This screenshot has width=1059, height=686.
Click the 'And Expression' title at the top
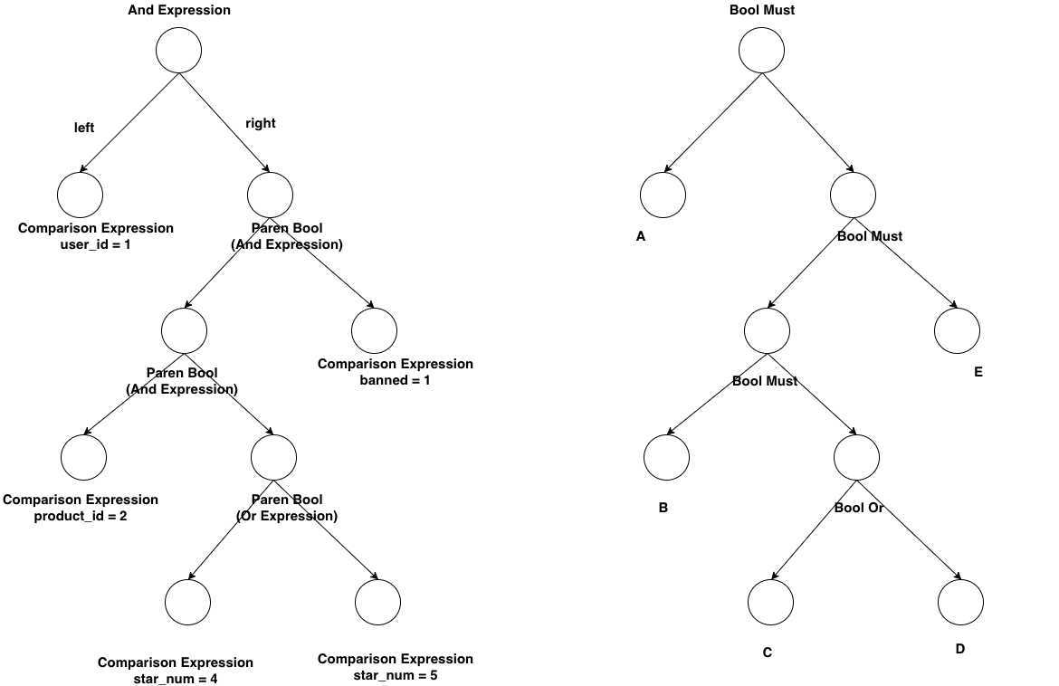179,10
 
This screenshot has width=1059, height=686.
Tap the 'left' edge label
84,128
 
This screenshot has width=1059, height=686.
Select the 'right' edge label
261,123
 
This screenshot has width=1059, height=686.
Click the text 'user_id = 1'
95,244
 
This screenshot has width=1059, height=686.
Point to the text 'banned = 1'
396,380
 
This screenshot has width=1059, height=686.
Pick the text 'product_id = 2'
81,516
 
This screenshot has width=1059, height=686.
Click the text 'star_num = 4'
176,679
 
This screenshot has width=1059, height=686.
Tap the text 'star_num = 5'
396,674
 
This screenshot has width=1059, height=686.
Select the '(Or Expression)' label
287,516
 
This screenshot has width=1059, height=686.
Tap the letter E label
978,372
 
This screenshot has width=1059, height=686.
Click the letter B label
663,508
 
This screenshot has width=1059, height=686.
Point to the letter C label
768,653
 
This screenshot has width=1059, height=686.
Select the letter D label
960,649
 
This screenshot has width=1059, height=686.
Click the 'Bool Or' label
858,508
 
